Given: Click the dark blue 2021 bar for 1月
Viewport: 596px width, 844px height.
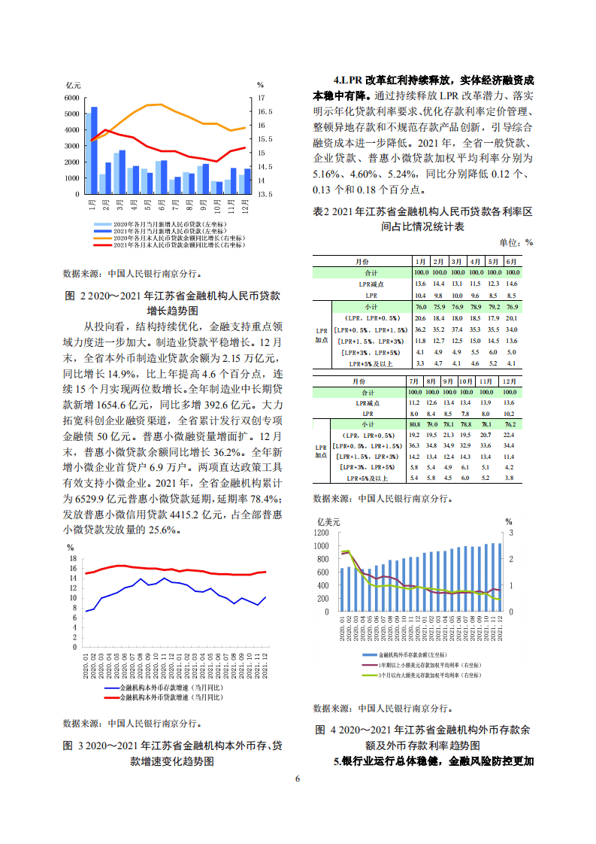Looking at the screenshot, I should (x=94, y=150).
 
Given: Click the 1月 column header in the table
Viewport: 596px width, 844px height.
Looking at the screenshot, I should (x=421, y=261).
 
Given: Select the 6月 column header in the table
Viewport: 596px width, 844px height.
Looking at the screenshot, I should (x=511, y=261).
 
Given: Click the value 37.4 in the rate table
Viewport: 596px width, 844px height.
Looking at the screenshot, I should (x=456, y=329).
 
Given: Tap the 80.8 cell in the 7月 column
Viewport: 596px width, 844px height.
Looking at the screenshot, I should (x=413, y=425).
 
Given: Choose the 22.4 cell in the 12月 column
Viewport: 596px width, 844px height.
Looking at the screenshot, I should (x=509, y=436).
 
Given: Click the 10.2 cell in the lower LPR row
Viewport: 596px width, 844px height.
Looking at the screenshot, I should (x=509, y=414).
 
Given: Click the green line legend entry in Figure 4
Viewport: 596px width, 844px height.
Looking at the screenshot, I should (x=421, y=676).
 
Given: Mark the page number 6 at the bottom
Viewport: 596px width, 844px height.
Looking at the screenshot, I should (x=298, y=778).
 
